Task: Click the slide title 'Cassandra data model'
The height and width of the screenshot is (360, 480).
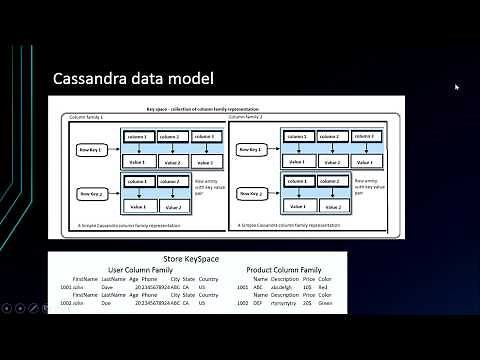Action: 133,78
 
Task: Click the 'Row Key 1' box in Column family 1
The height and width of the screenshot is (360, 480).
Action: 94,149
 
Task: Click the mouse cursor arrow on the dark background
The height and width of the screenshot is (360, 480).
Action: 456,87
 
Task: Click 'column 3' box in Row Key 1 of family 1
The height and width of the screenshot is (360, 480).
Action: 204,136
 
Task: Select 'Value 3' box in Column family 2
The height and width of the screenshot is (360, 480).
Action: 364,160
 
